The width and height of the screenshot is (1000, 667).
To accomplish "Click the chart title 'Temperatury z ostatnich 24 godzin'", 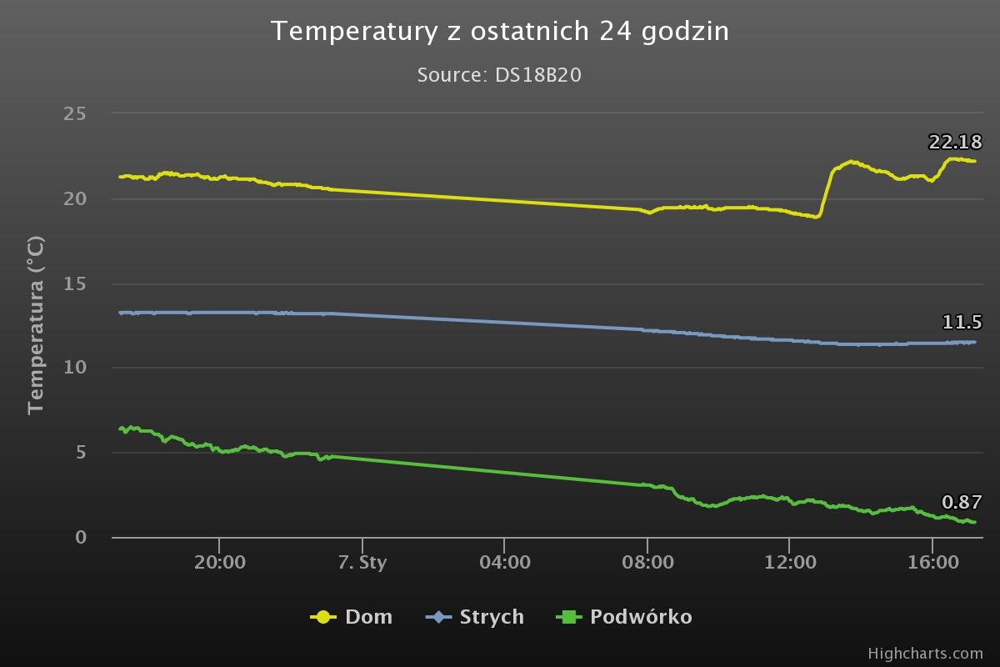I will click(500, 32).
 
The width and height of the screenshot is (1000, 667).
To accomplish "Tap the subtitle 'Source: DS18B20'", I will click(499, 75).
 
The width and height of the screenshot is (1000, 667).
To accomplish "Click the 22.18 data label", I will click(955, 143).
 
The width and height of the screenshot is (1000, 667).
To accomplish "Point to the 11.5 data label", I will click(962, 323).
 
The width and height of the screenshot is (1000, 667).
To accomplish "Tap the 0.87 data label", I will click(962, 503).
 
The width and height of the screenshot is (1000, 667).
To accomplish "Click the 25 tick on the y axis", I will click(75, 113).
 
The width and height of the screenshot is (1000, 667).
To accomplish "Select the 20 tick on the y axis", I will click(75, 198).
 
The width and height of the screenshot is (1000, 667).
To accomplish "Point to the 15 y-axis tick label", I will click(75, 283).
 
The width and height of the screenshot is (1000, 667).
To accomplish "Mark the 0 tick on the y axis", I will click(81, 537).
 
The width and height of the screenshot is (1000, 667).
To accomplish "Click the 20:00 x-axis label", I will click(220, 562).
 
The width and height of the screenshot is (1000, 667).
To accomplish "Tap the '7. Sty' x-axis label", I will click(362, 562).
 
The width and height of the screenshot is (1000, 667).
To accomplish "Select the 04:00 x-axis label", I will click(505, 562).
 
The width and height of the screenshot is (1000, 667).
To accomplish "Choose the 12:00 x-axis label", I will click(790, 562).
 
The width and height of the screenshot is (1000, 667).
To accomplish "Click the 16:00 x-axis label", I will click(932, 562).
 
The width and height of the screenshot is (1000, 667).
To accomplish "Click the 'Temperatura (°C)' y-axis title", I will click(35, 325).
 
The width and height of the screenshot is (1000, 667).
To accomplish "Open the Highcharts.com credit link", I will click(925, 653).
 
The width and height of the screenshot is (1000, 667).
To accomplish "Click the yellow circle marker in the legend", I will click(322, 617).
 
